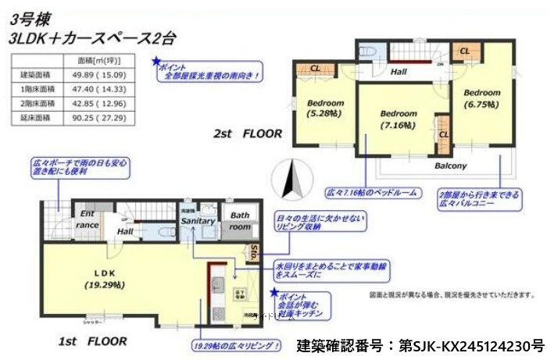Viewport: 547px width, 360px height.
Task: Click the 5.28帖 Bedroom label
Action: (x=325, y=109)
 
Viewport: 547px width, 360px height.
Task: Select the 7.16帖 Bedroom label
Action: (x=399, y=119)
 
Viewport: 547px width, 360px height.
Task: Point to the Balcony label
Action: (x=451, y=166)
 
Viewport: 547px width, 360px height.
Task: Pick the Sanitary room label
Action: (x=198, y=222)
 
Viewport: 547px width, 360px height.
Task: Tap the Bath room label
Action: (x=240, y=220)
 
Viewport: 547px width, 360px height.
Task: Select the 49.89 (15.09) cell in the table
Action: (x=106, y=75)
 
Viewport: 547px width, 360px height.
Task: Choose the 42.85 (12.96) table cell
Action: (x=106, y=103)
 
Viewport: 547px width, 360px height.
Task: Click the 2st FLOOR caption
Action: (x=248, y=134)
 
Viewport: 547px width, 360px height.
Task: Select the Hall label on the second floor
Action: (x=399, y=71)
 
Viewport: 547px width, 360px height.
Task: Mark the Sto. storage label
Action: (x=254, y=251)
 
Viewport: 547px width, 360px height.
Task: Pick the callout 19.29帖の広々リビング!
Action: (x=235, y=344)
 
